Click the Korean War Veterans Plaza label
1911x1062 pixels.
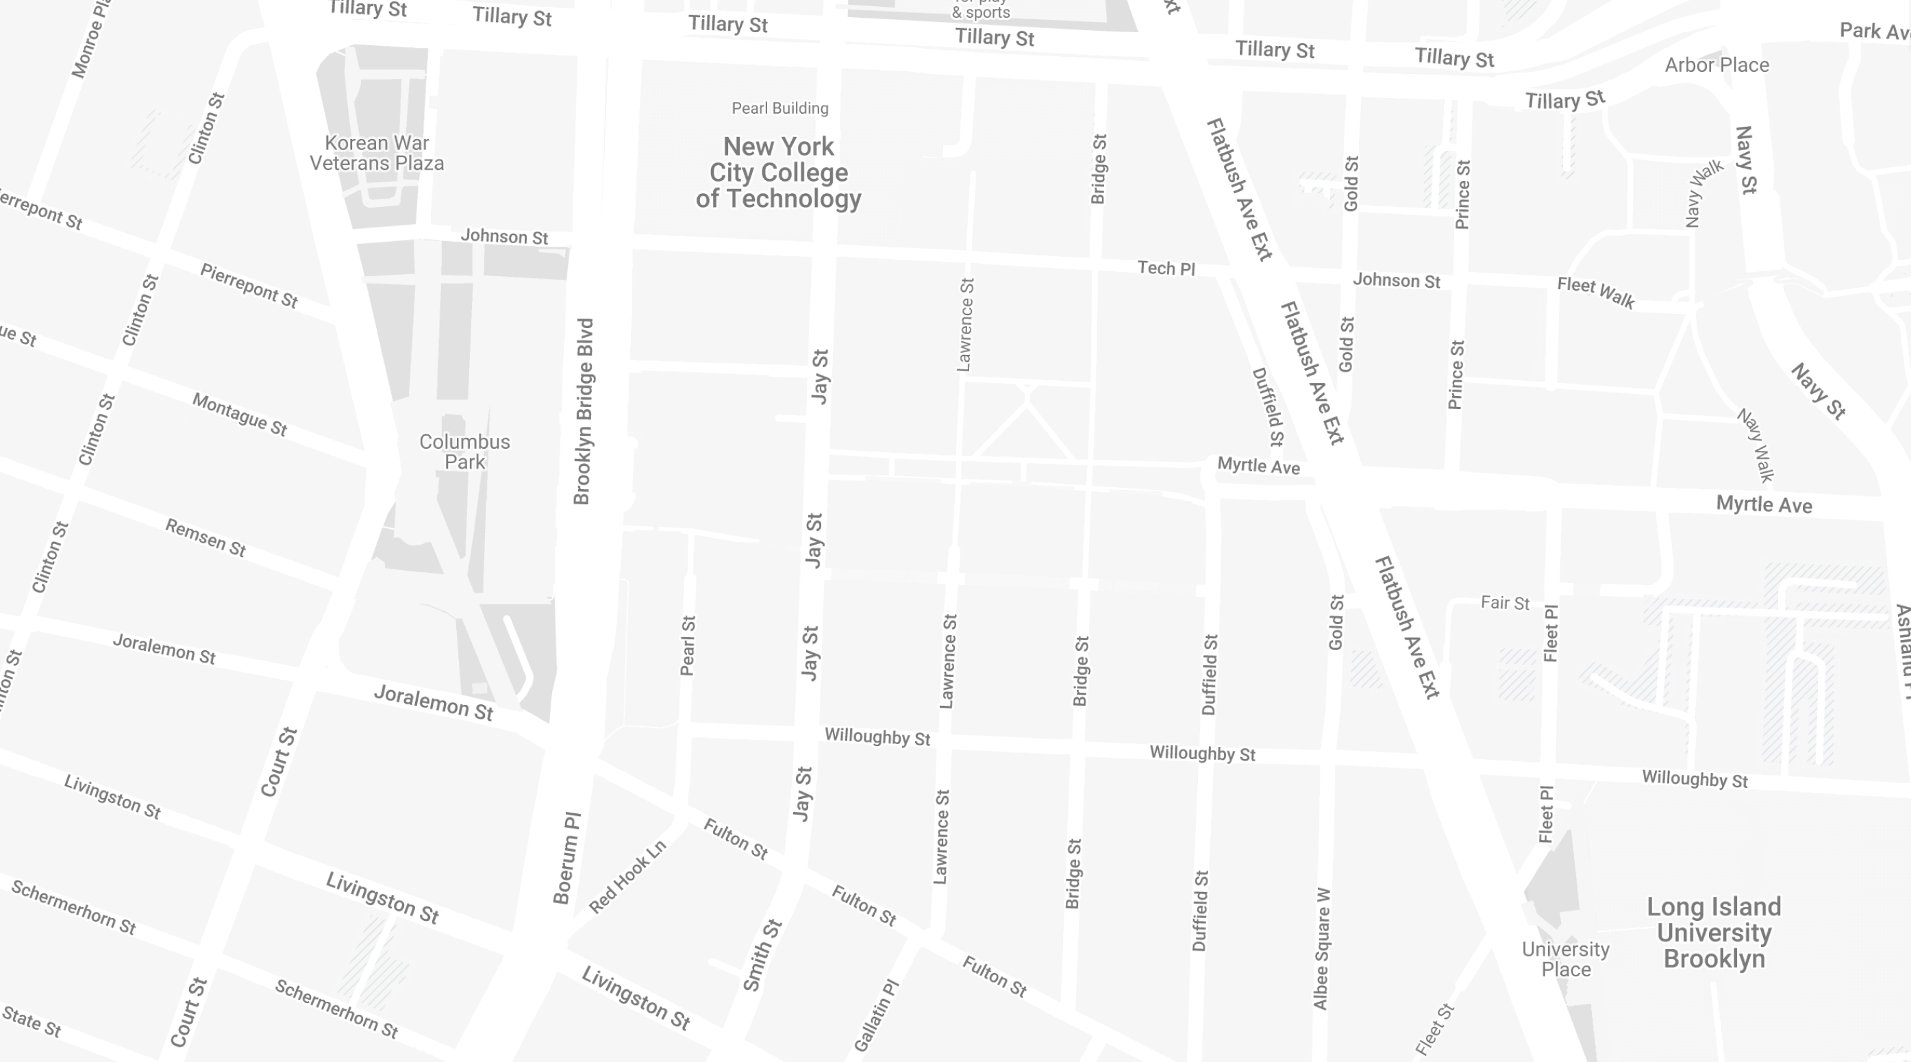click(377, 153)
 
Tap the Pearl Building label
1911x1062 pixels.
click(779, 108)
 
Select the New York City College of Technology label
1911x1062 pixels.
click(778, 172)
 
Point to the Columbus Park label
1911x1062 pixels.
click(464, 452)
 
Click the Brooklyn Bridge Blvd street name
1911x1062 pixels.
click(584, 412)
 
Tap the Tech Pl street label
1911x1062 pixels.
click(1166, 268)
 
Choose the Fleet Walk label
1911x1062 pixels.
click(1596, 292)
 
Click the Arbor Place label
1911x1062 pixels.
click(1716, 65)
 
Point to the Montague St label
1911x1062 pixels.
click(240, 414)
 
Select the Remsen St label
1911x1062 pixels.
click(205, 537)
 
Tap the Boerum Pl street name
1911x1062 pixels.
click(568, 858)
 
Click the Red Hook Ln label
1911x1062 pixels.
click(627, 876)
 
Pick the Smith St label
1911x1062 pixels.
click(762, 955)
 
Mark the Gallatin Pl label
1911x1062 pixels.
click(876, 1015)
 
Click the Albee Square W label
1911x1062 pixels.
click(1322, 948)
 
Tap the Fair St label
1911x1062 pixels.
click(1504, 603)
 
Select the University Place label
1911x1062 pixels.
click(1565, 959)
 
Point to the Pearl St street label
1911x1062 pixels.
click(688, 645)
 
